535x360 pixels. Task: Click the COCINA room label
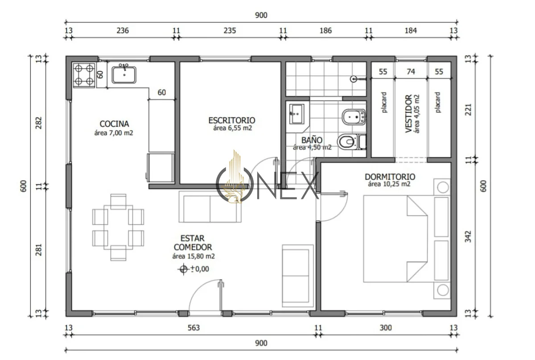(114, 124)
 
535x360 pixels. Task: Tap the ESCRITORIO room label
(232, 120)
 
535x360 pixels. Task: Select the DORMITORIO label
(390, 177)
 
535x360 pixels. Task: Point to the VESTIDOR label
(409, 114)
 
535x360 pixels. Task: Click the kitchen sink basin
(124, 75)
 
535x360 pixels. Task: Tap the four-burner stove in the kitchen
(84, 75)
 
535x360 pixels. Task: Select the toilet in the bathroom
(352, 142)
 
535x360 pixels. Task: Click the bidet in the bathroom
(354, 117)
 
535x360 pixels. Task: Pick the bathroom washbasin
(296, 114)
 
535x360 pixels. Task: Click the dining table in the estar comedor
(118, 228)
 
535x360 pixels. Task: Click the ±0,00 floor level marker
(193, 269)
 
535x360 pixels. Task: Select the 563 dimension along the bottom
(193, 328)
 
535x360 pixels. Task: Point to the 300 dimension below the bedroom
(386, 328)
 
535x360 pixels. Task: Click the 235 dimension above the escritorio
(230, 31)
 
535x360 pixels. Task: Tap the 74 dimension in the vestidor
(411, 71)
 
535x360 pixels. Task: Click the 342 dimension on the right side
(468, 236)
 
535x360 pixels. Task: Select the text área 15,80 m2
(193, 256)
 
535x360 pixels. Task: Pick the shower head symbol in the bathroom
(354, 79)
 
